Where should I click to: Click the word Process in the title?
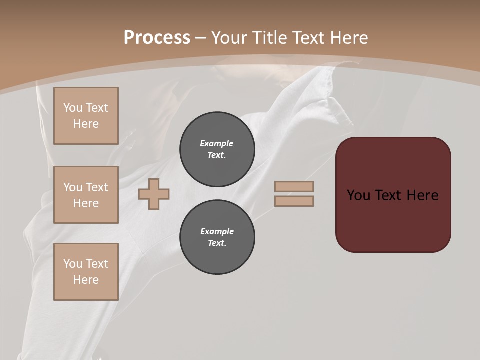(157, 38)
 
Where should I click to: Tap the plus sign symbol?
(154, 194)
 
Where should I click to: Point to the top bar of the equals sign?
(294, 187)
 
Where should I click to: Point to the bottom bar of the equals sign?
(294, 201)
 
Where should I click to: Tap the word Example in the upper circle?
(217, 143)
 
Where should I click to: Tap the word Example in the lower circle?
(217, 231)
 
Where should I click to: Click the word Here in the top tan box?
(86, 124)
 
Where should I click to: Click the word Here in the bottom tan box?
(86, 280)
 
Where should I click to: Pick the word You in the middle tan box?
(73, 187)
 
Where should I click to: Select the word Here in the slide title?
(348, 38)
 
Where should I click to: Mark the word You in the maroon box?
(359, 195)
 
